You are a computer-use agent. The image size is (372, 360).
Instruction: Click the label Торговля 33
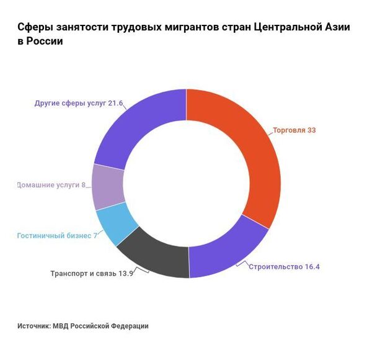(x=294, y=130)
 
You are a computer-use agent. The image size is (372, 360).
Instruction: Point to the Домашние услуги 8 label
(x=51, y=185)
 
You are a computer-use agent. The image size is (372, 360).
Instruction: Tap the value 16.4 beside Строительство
(x=312, y=267)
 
